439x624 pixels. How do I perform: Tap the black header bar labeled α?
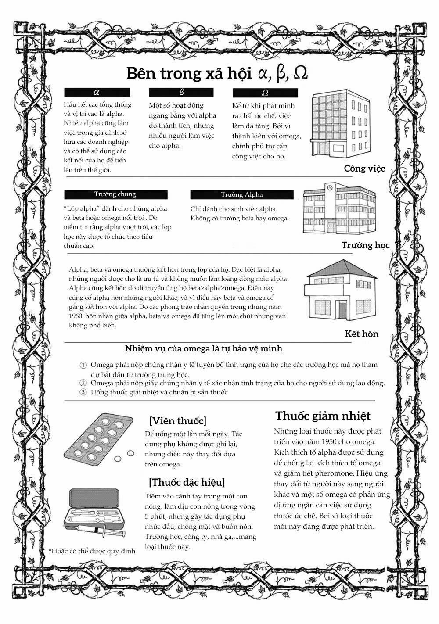97,93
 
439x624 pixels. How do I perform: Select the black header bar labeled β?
181,93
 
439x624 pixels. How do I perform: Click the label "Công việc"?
364,169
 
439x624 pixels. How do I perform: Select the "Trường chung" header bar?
115,194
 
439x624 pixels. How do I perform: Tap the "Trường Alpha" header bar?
241,194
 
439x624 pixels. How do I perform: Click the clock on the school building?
329,188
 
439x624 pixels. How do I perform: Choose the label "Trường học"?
365,245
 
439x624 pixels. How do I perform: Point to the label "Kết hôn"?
361,334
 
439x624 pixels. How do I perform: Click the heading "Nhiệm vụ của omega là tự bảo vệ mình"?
203,349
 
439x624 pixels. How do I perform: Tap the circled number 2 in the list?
83,383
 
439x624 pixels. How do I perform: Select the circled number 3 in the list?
83,392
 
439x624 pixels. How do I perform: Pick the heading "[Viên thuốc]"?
177,421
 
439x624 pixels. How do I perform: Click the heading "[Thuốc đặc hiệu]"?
187,482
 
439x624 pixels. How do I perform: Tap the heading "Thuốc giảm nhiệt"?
323,416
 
